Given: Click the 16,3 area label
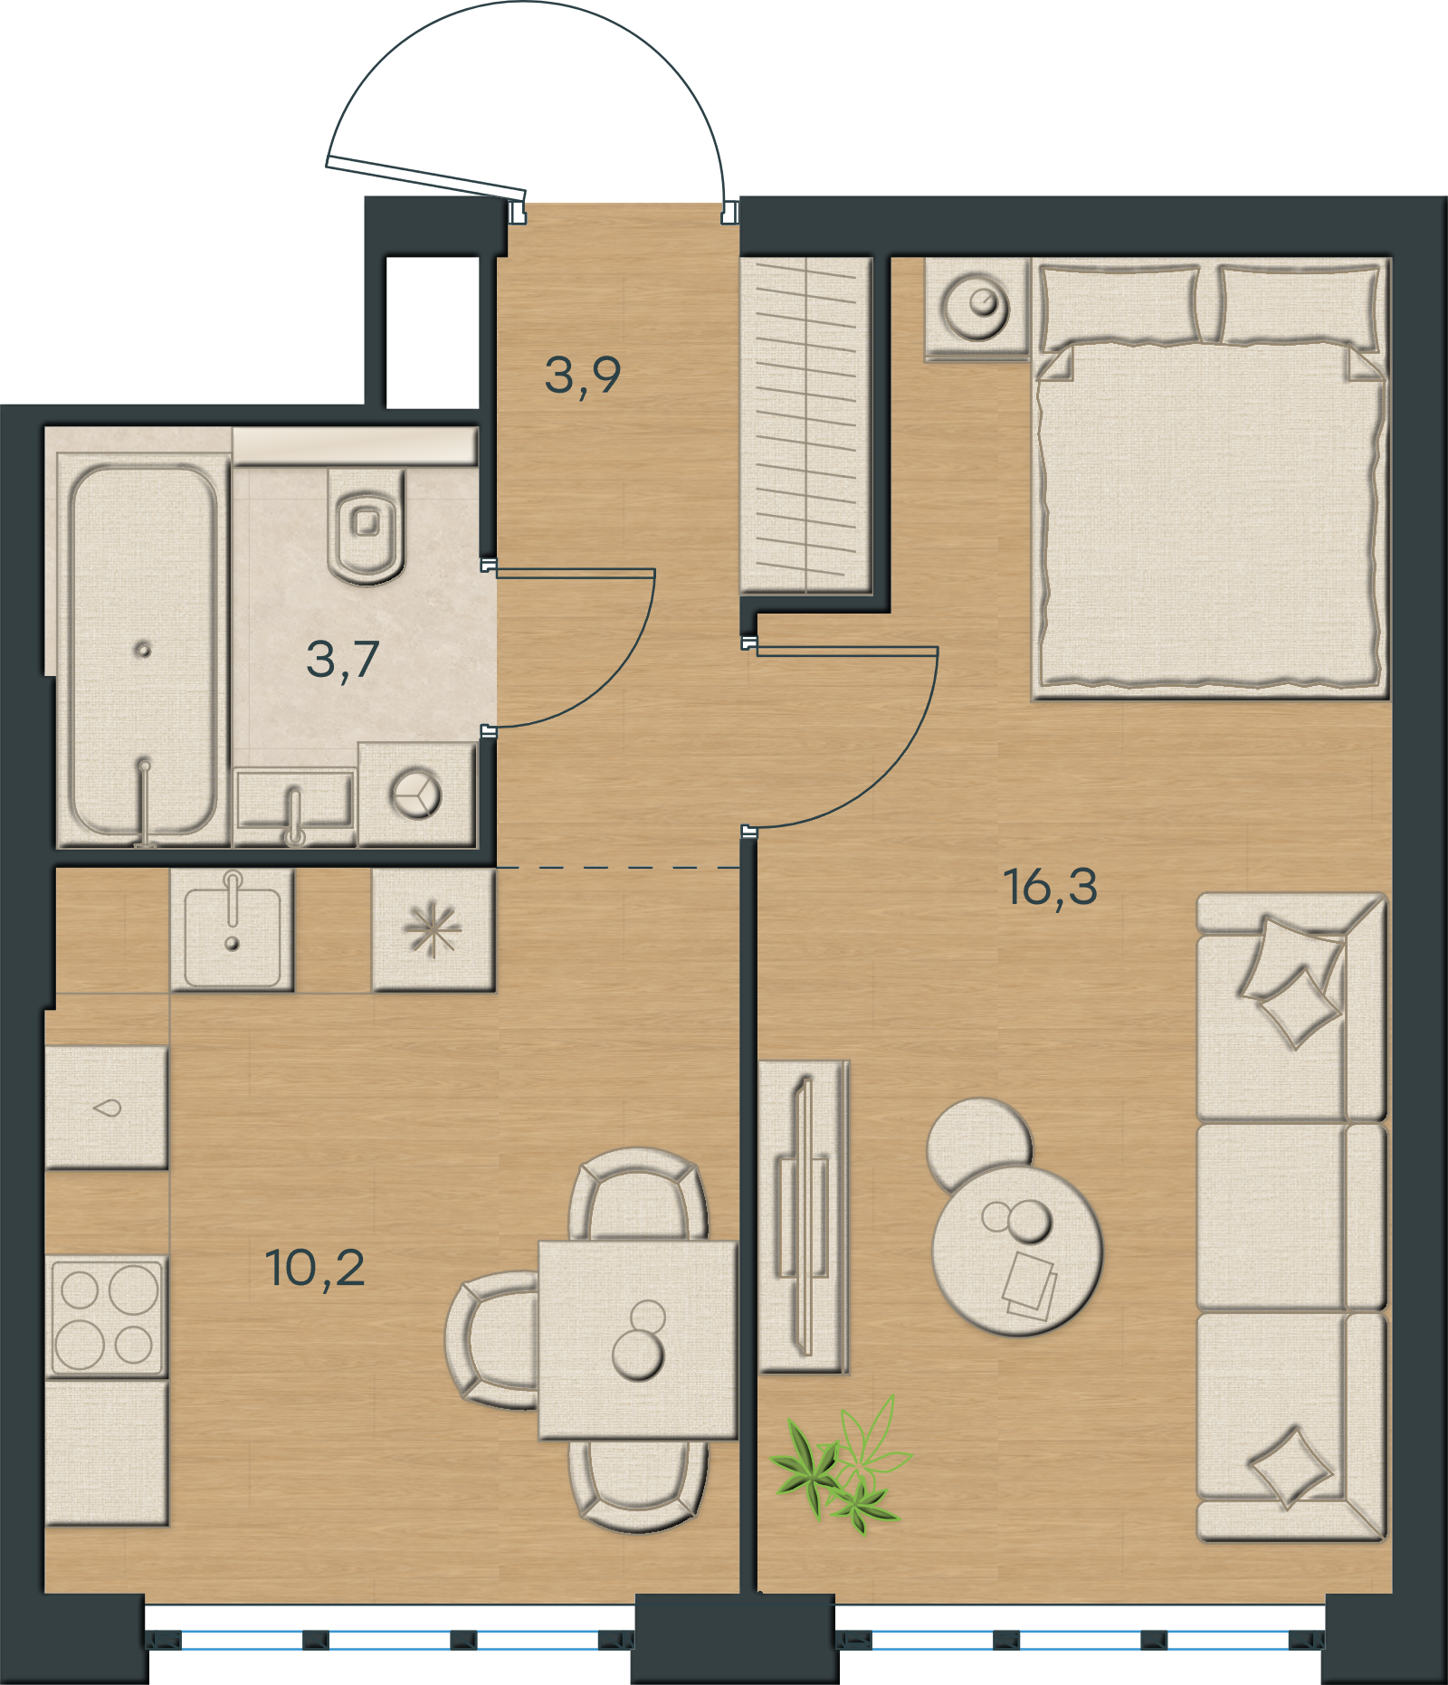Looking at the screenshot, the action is coord(1050,887).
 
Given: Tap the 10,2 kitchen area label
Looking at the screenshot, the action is coord(315,1268).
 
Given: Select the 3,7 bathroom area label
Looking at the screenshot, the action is coord(342,659).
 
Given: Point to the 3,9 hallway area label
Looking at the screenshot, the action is coord(582,375).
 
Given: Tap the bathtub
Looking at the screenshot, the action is coord(143,650).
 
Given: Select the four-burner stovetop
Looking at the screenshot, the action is coord(107,1317).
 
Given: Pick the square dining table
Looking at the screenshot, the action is coord(638,1339).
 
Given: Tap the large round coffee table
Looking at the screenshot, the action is coord(1017,1250).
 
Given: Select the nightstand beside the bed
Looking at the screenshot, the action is coord(977,308).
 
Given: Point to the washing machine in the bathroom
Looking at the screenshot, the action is coord(417,795).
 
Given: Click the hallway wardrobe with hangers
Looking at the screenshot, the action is coord(806,425).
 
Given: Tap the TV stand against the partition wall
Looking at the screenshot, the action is coord(804,1217).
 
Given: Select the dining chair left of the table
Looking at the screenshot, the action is coord(493,1339).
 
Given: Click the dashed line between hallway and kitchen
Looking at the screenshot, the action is coord(618,867).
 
